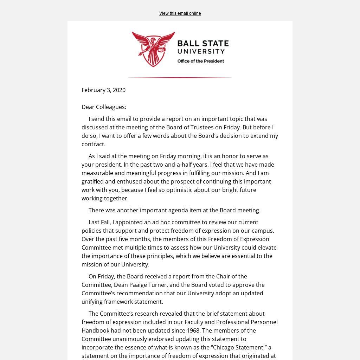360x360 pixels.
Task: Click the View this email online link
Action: point(180,13)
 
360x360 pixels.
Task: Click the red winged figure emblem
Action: point(153,49)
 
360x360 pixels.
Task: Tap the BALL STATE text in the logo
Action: point(203,44)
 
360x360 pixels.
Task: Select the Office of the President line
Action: point(200,61)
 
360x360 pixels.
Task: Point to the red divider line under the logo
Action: point(180,77)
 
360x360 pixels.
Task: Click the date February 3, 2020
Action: point(103,90)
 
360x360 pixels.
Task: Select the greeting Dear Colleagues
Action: point(104,107)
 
